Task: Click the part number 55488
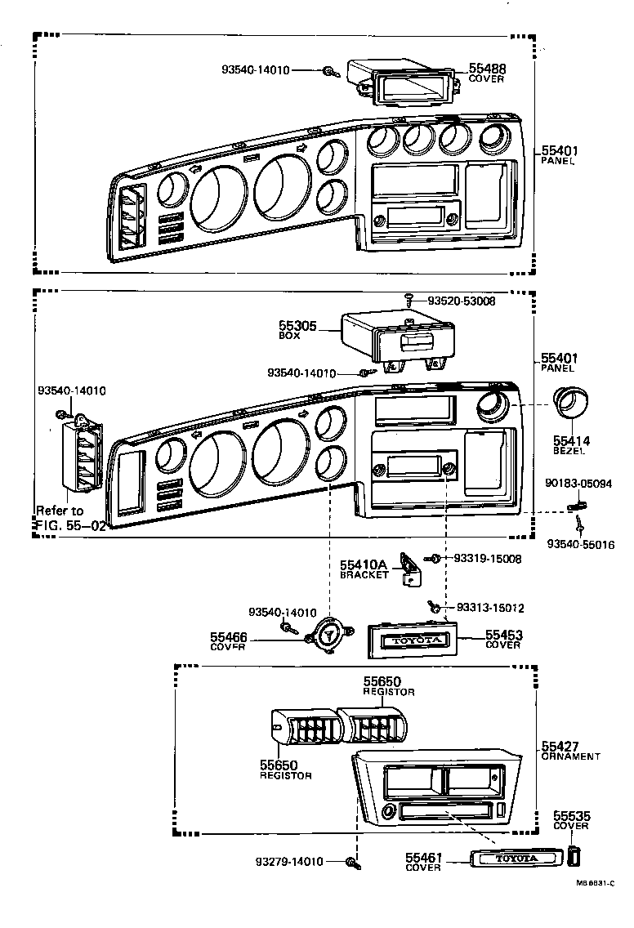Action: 487,69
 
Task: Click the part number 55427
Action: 560,747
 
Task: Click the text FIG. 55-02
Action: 70,525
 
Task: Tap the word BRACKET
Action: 364,575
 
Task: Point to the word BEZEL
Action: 571,451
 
